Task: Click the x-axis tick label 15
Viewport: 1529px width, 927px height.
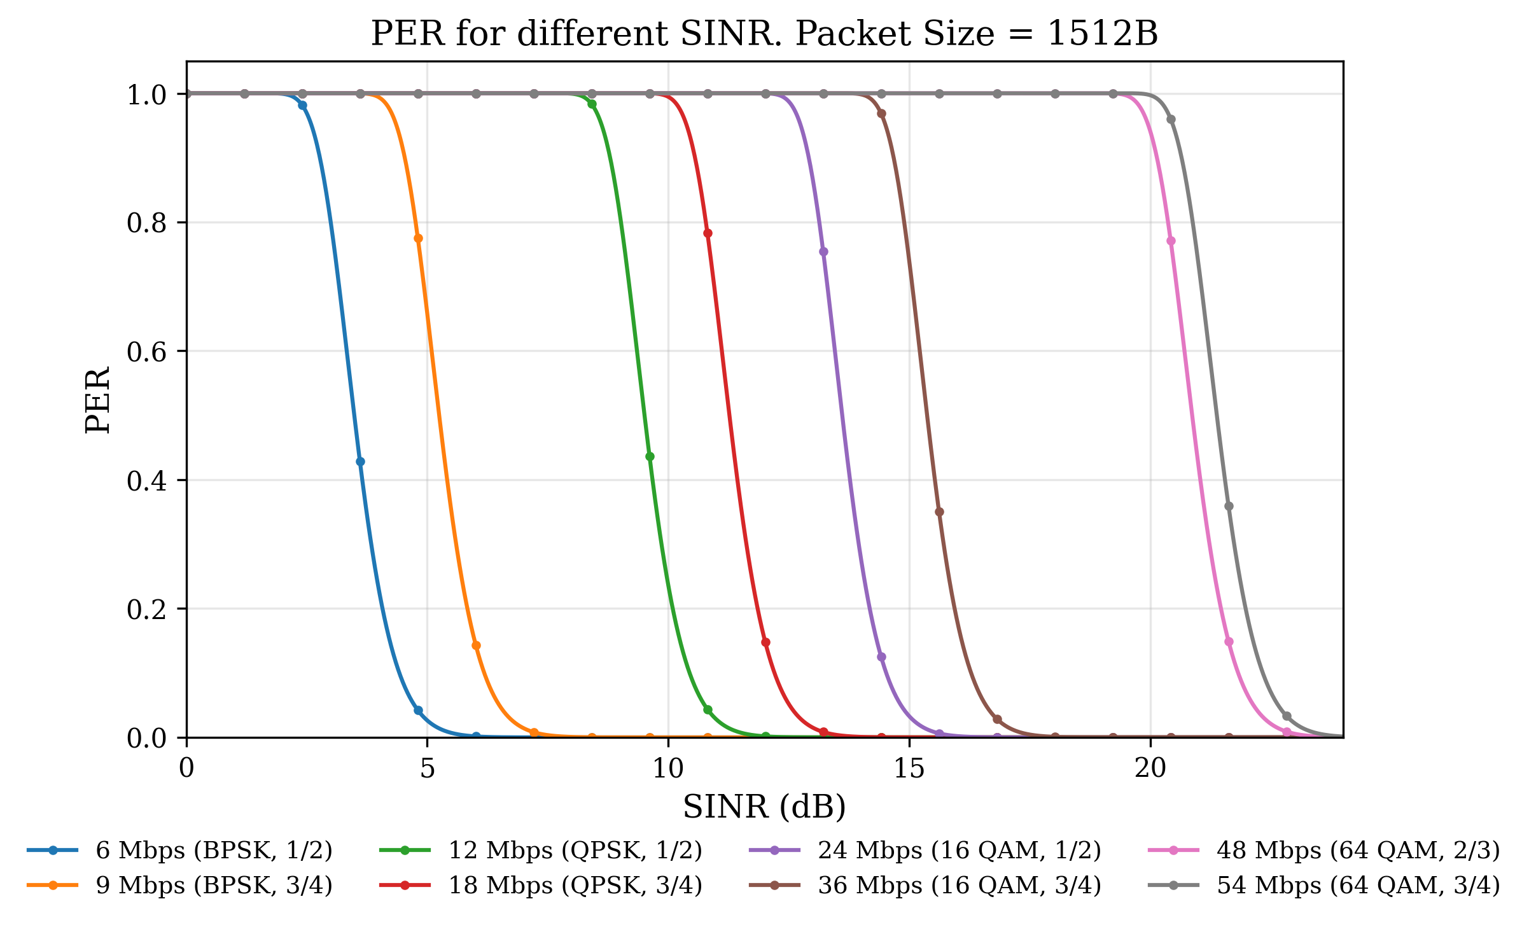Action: tap(909, 769)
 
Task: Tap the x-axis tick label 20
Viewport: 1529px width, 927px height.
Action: tap(1150, 769)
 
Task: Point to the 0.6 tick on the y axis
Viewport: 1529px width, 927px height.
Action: tap(146, 351)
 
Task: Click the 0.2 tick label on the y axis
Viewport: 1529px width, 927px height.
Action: tap(146, 609)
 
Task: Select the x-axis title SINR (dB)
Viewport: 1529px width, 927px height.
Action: tap(764, 807)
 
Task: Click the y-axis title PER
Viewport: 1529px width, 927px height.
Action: tap(97, 400)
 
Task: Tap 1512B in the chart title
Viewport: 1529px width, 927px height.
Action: tap(1102, 33)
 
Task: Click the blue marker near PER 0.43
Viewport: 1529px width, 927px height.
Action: tap(360, 461)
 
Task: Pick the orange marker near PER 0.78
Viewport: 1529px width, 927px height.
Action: tap(418, 239)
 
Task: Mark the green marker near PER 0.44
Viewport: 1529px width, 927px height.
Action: tap(650, 456)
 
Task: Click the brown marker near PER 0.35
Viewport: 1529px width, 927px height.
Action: tap(939, 512)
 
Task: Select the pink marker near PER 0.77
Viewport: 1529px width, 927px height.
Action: tap(1171, 240)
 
